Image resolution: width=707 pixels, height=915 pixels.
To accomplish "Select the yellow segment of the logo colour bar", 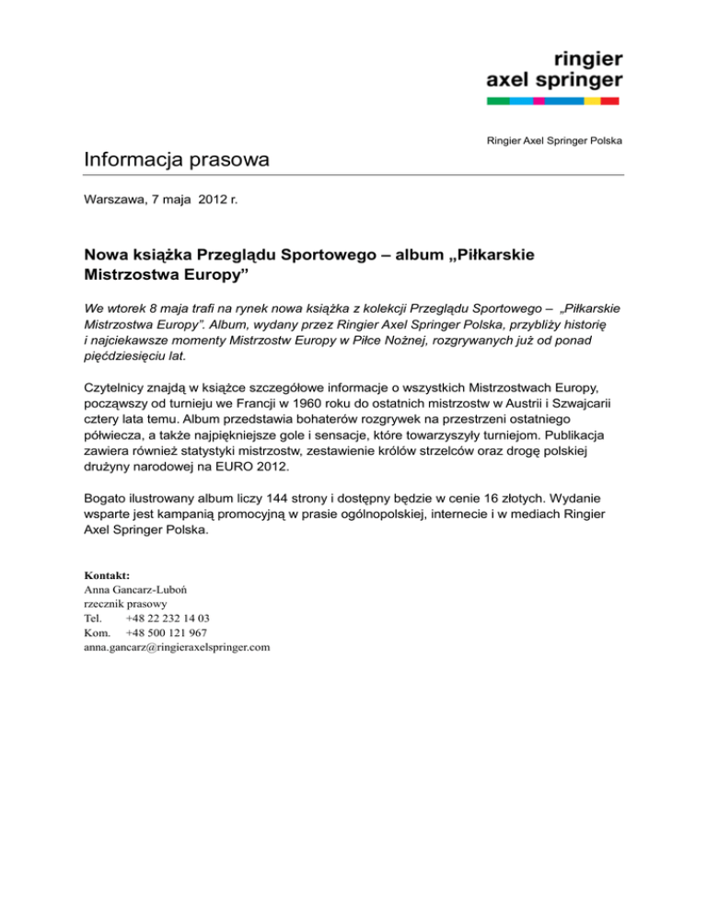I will pos(593,100).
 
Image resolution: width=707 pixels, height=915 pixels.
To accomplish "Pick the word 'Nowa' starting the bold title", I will pos(106,254).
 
